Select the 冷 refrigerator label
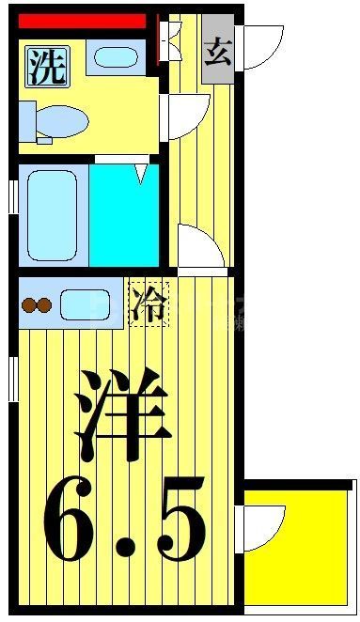click(149, 303)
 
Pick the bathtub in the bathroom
click(53, 213)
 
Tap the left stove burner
click(27, 303)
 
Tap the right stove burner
click(43, 303)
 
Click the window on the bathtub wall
click(12, 196)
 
